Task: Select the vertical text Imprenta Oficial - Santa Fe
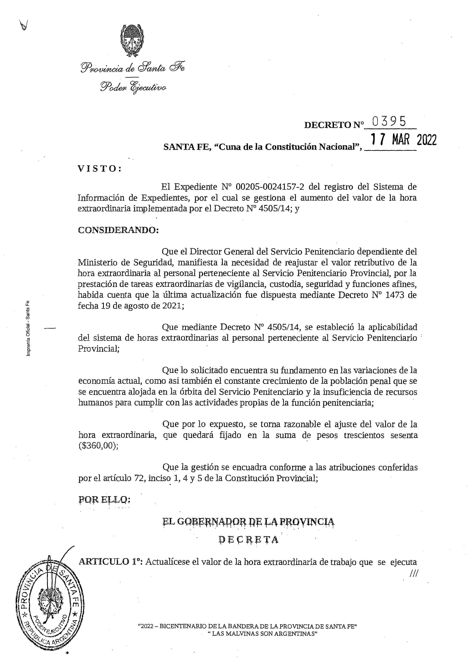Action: coord(28,328)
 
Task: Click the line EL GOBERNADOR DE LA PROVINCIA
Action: coord(248,521)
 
